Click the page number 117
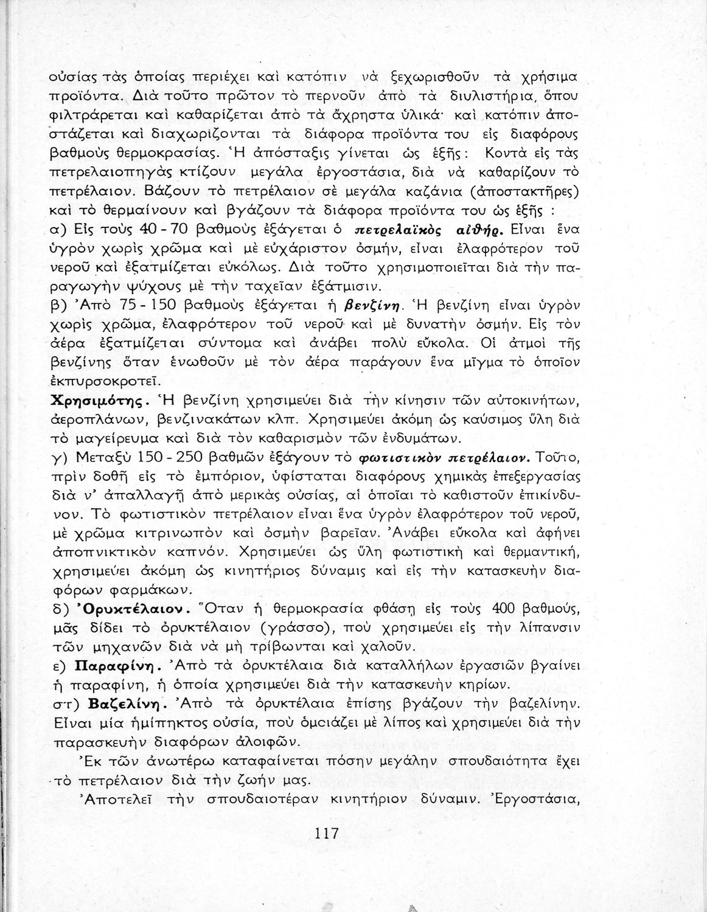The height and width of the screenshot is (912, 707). tap(327, 833)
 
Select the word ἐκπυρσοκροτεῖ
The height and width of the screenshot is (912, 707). tap(105, 381)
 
